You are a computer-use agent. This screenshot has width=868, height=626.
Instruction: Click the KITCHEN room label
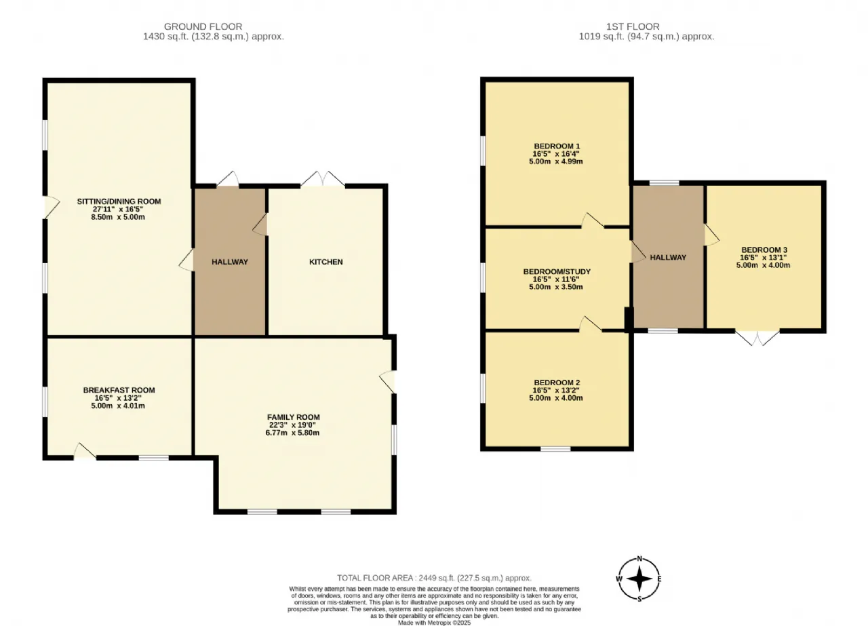click(x=326, y=262)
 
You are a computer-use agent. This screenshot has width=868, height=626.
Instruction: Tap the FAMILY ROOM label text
click(x=294, y=417)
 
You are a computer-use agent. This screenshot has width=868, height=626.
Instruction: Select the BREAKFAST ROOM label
click(x=119, y=390)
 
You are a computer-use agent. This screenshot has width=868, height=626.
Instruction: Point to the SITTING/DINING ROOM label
click(x=119, y=201)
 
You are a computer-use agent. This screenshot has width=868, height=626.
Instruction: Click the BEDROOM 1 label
click(x=557, y=146)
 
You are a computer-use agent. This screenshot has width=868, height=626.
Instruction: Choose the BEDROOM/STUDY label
click(x=557, y=271)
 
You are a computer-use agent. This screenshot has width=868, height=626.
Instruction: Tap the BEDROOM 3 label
click(x=764, y=250)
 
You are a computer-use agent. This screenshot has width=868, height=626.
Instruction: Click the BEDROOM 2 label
click(x=557, y=383)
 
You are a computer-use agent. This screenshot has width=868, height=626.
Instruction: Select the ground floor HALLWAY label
click(x=230, y=262)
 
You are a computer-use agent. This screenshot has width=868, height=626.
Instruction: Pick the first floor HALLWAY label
click(x=668, y=257)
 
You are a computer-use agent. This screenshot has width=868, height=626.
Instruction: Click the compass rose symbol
click(x=639, y=579)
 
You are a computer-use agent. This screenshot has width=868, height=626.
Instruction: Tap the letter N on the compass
click(x=639, y=559)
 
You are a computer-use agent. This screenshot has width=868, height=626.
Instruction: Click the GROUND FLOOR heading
click(x=203, y=26)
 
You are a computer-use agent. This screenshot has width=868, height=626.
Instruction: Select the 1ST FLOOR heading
click(x=633, y=26)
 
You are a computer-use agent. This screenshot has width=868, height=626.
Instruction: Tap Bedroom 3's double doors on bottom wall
click(x=757, y=338)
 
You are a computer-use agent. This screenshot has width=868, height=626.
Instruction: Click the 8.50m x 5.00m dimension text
click(x=118, y=217)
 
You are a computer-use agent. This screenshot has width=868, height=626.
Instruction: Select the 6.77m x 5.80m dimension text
click(x=292, y=433)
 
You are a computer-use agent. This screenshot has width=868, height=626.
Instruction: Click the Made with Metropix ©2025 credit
click(x=434, y=623)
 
